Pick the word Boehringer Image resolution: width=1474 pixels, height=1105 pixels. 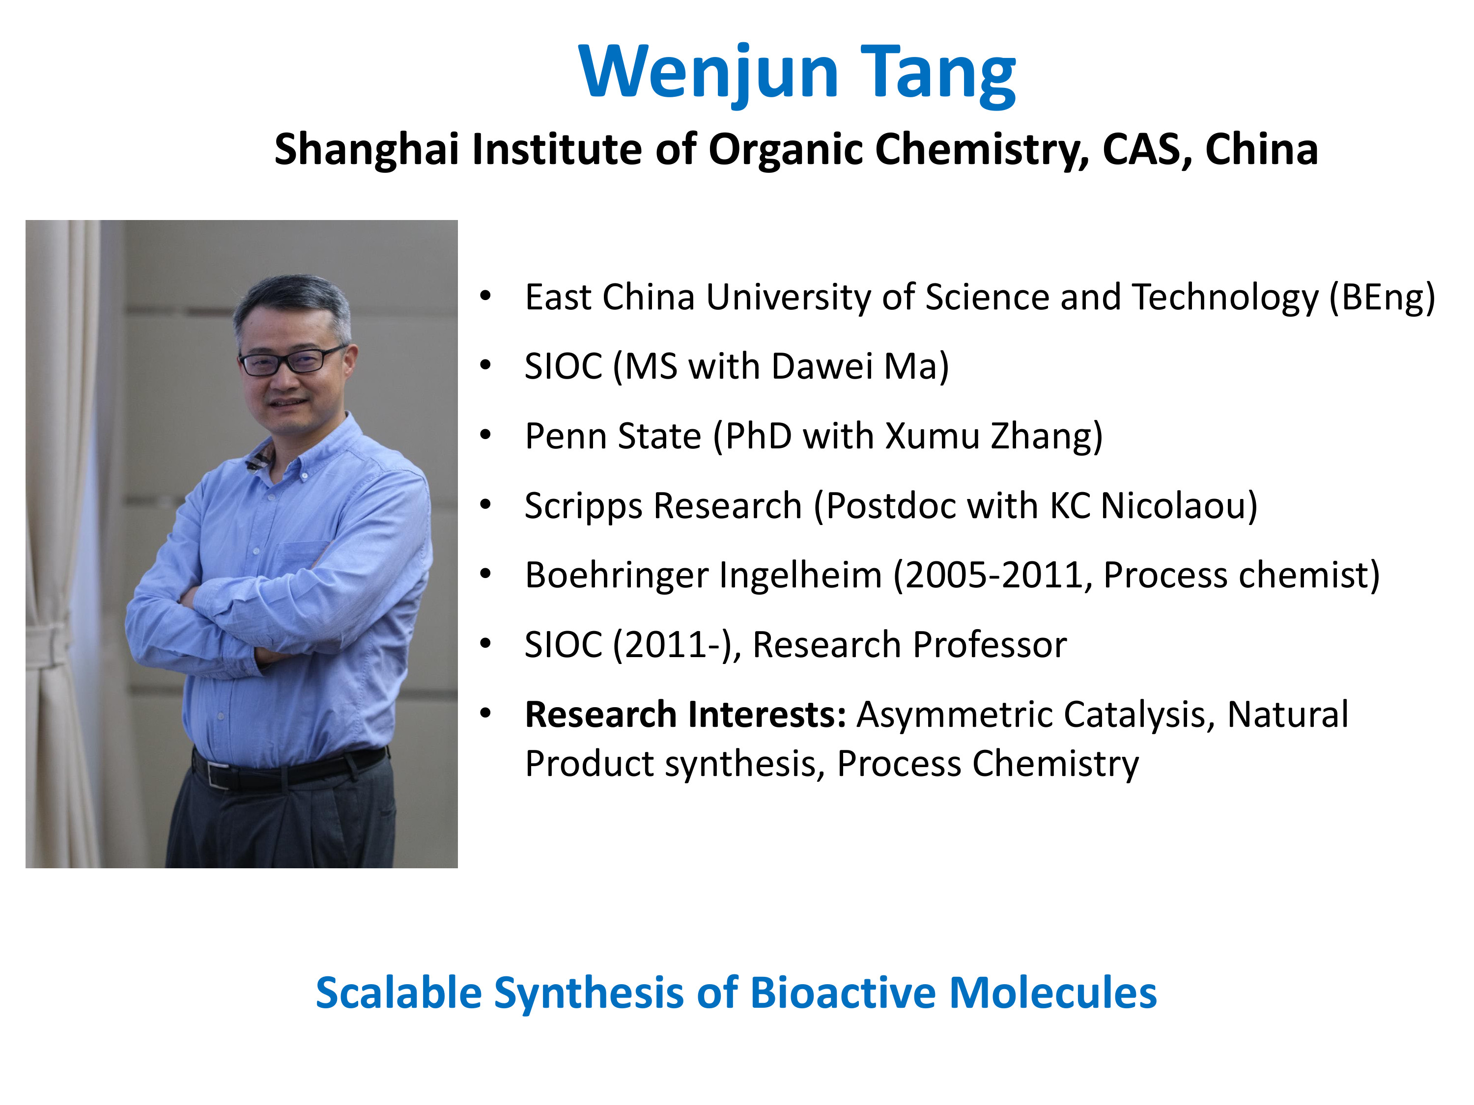pos(617,576)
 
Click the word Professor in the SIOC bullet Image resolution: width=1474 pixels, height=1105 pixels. pos(990,645)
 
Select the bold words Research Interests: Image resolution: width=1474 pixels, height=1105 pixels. pos(685,715)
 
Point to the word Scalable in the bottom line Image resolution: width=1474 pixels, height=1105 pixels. pos(398,993)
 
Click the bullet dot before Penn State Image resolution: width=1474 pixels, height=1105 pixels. pos(486,436)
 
